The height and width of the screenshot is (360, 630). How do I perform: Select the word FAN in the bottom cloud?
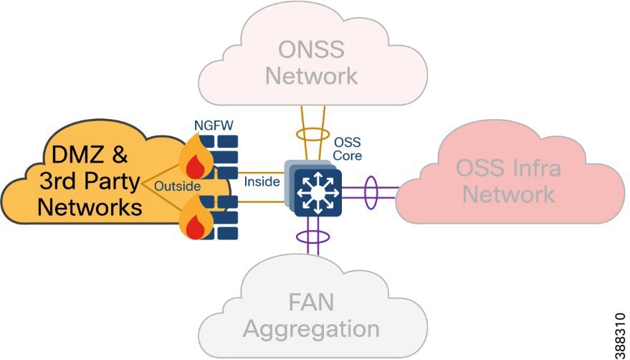[312, 303]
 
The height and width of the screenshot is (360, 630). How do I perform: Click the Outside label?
[177, 186]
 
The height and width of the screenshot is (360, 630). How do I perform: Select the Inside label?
[262, 181]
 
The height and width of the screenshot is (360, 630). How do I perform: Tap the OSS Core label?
[348, 148]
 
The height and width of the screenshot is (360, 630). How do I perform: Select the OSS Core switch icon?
[316, 190]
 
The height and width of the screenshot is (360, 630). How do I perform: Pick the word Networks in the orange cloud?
[89, 208]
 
